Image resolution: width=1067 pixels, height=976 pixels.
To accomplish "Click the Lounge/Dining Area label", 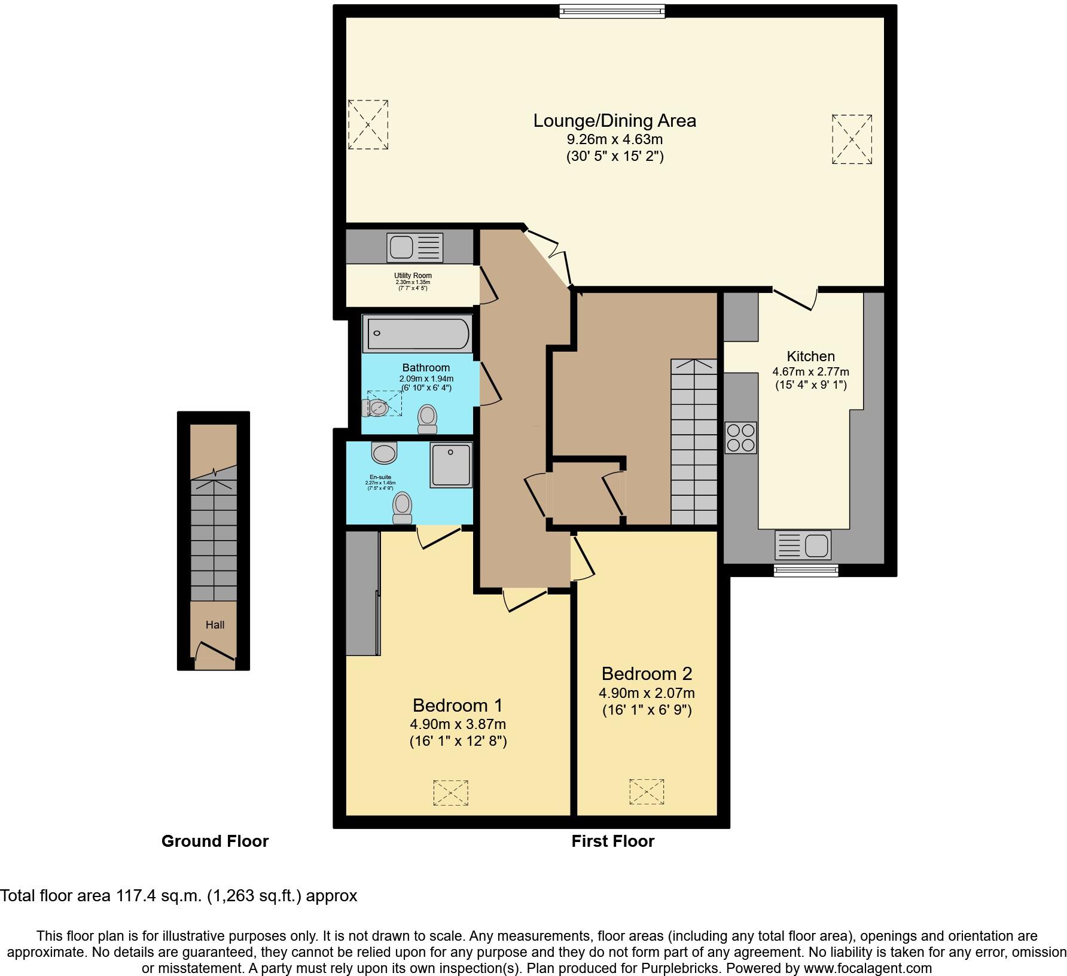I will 614,121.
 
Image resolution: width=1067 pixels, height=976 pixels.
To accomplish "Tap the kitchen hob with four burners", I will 740,438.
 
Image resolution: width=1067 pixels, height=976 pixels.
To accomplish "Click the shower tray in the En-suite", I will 451,465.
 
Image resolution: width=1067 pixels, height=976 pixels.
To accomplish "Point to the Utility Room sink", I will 414,248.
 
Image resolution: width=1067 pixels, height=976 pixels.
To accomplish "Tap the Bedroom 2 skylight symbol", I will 647,792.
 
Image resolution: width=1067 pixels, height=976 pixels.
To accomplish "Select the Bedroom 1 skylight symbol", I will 451,792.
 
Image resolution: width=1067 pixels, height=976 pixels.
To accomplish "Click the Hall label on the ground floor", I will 215,625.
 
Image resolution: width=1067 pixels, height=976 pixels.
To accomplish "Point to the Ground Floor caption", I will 215,841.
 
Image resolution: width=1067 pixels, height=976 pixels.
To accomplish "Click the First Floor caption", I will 612,841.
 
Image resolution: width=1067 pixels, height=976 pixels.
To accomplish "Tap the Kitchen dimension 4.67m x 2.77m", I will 810,371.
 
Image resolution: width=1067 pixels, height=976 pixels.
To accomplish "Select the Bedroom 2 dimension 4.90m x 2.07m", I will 647,693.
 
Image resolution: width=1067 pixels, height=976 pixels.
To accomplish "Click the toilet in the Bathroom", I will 427,419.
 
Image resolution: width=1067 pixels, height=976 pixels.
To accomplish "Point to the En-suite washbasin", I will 384,453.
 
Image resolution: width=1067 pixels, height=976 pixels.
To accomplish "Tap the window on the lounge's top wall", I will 612,11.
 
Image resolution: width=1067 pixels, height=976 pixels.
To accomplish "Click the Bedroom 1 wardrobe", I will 362,593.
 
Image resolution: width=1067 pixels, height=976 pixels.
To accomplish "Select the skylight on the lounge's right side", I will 852,139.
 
